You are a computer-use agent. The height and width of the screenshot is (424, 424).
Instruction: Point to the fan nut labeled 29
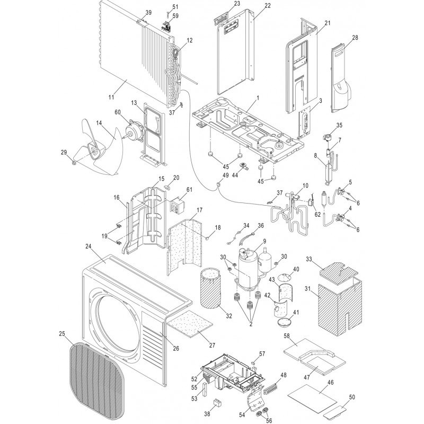pyautogui.click(x=74, y=161)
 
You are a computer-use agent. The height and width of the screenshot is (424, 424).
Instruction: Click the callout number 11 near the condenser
pyautogui.click(x=111, y=97)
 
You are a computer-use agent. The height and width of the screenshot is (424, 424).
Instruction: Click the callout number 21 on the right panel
pyautogui.click(x=327, y=23)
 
